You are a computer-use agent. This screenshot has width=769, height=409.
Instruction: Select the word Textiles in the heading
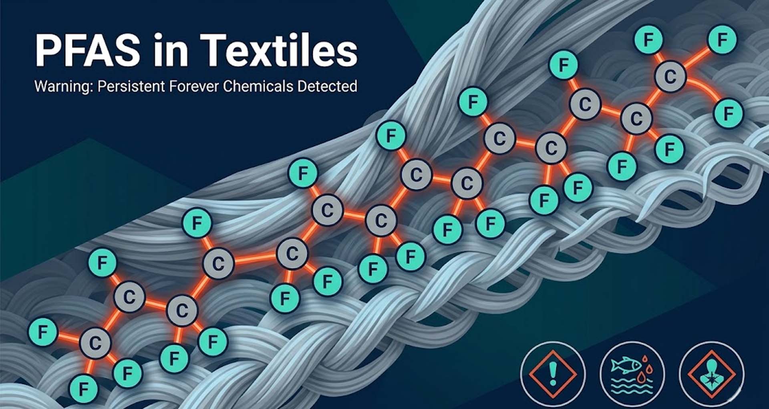279,50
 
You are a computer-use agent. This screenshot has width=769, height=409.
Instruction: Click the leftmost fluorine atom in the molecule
43,332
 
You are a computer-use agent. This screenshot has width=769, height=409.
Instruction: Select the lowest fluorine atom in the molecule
84,389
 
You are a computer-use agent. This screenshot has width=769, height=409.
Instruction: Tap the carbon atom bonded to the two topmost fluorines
670,77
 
